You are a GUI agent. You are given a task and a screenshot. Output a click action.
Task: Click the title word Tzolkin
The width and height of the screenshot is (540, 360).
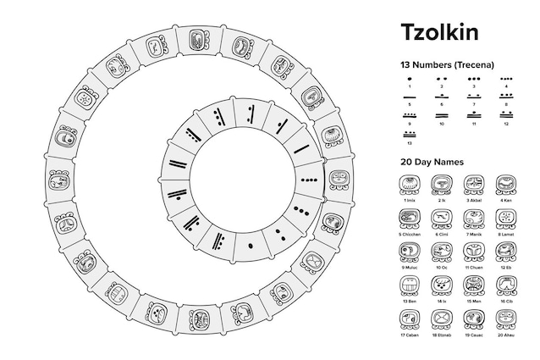tap(438, 32)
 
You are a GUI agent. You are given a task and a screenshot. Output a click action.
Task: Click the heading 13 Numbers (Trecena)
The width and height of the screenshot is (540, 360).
tap(447, 64)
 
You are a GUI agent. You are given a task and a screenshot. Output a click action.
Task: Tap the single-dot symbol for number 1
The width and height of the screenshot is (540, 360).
tap(410, 78)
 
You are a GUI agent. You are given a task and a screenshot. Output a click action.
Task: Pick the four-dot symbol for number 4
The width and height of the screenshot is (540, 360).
tap(506, 78)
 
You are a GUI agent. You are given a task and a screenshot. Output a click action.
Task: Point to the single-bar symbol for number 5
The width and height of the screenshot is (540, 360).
tap(410, 97)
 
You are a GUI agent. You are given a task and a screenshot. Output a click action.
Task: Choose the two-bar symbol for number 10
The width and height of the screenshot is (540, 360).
tap(442, 116)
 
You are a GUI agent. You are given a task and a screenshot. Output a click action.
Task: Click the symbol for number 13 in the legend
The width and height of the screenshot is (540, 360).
tap(410, 134)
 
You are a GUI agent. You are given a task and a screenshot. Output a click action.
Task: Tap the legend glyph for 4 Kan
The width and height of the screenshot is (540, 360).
tap(506, 184)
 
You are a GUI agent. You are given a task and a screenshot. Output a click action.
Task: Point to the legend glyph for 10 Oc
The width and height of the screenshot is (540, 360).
tap(441, 251)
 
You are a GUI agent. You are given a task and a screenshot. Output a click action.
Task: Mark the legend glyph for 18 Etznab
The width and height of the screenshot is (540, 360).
tap(441, 318)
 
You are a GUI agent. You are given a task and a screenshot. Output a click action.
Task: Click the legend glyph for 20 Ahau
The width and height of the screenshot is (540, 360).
tap(506, 318)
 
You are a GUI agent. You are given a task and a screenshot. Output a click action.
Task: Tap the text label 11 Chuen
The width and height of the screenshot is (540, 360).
tap(474, 268)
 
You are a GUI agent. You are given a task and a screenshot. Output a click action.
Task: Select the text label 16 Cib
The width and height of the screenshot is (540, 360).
tap(506, 301)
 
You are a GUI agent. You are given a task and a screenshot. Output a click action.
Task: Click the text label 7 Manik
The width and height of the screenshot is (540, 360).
tap(474, 234)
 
